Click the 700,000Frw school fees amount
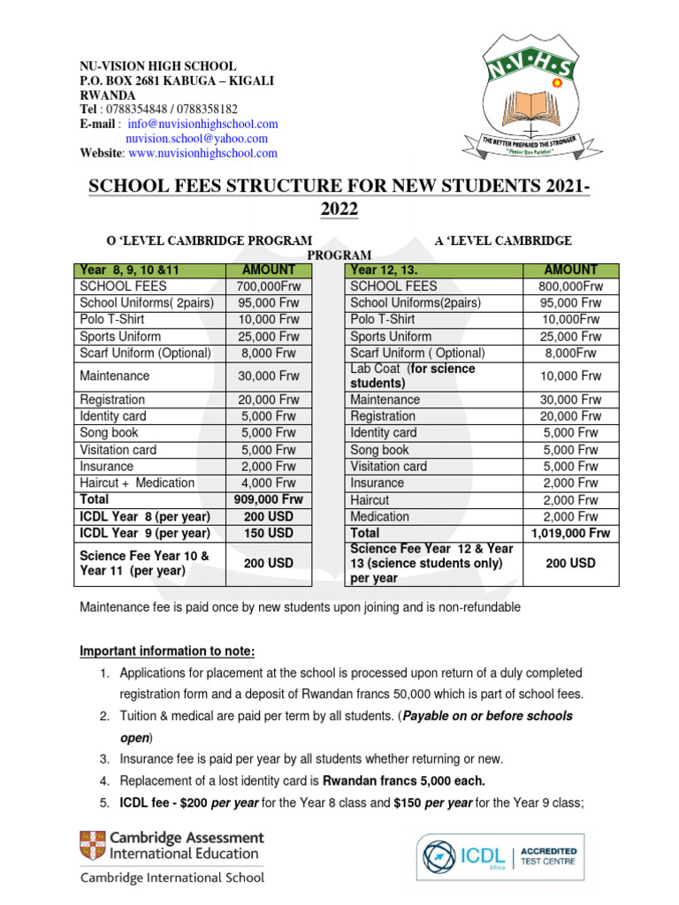[270, 286]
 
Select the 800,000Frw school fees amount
[570, 286]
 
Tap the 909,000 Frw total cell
[270, 499]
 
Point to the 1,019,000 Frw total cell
[570, 533]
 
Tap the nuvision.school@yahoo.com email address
[196, 139]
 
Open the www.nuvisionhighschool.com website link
[202, 153]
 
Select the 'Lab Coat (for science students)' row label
[412, 376]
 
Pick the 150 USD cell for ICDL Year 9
[270, 533]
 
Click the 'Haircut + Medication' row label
[137, 483]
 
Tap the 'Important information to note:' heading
[167, 651]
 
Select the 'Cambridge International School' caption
[172, 878]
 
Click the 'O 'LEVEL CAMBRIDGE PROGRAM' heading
[209, 240]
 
